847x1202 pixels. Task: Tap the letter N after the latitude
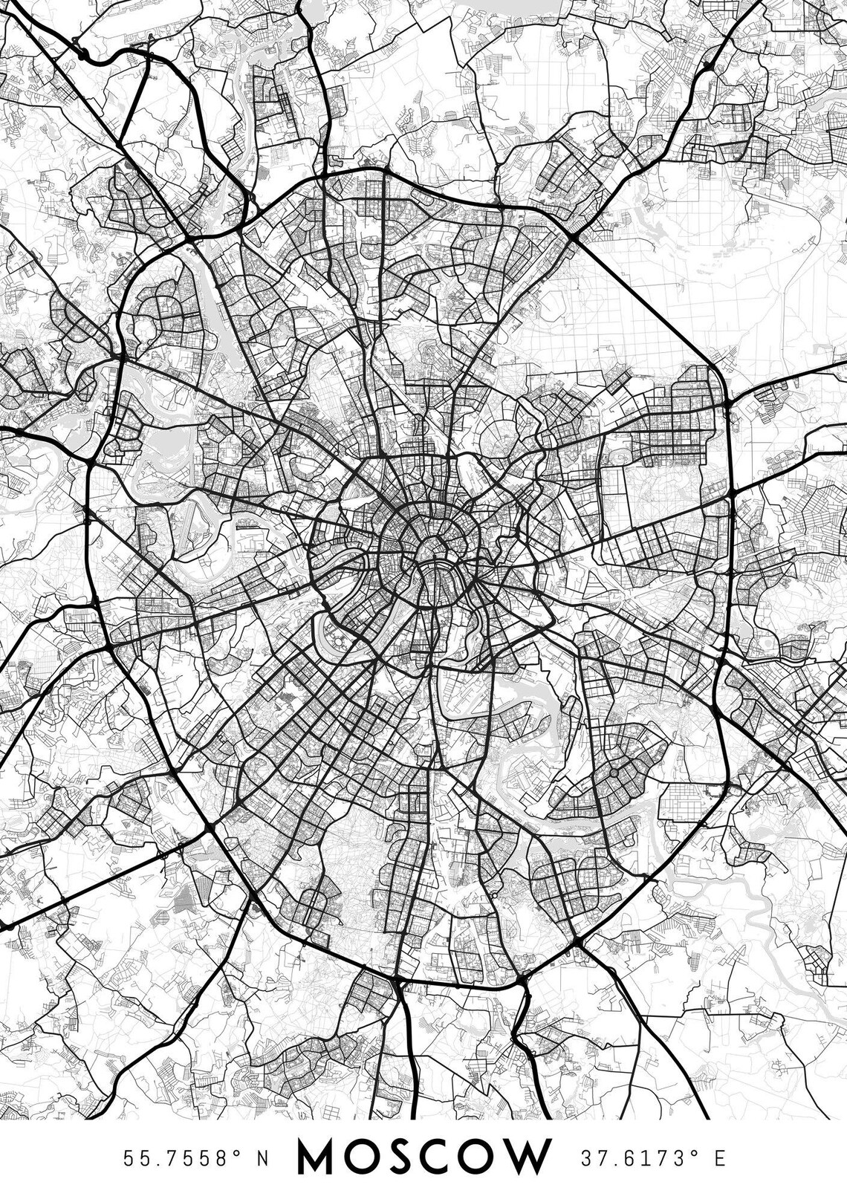coord(262,1158)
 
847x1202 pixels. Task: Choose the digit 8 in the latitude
coord(226,1158)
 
